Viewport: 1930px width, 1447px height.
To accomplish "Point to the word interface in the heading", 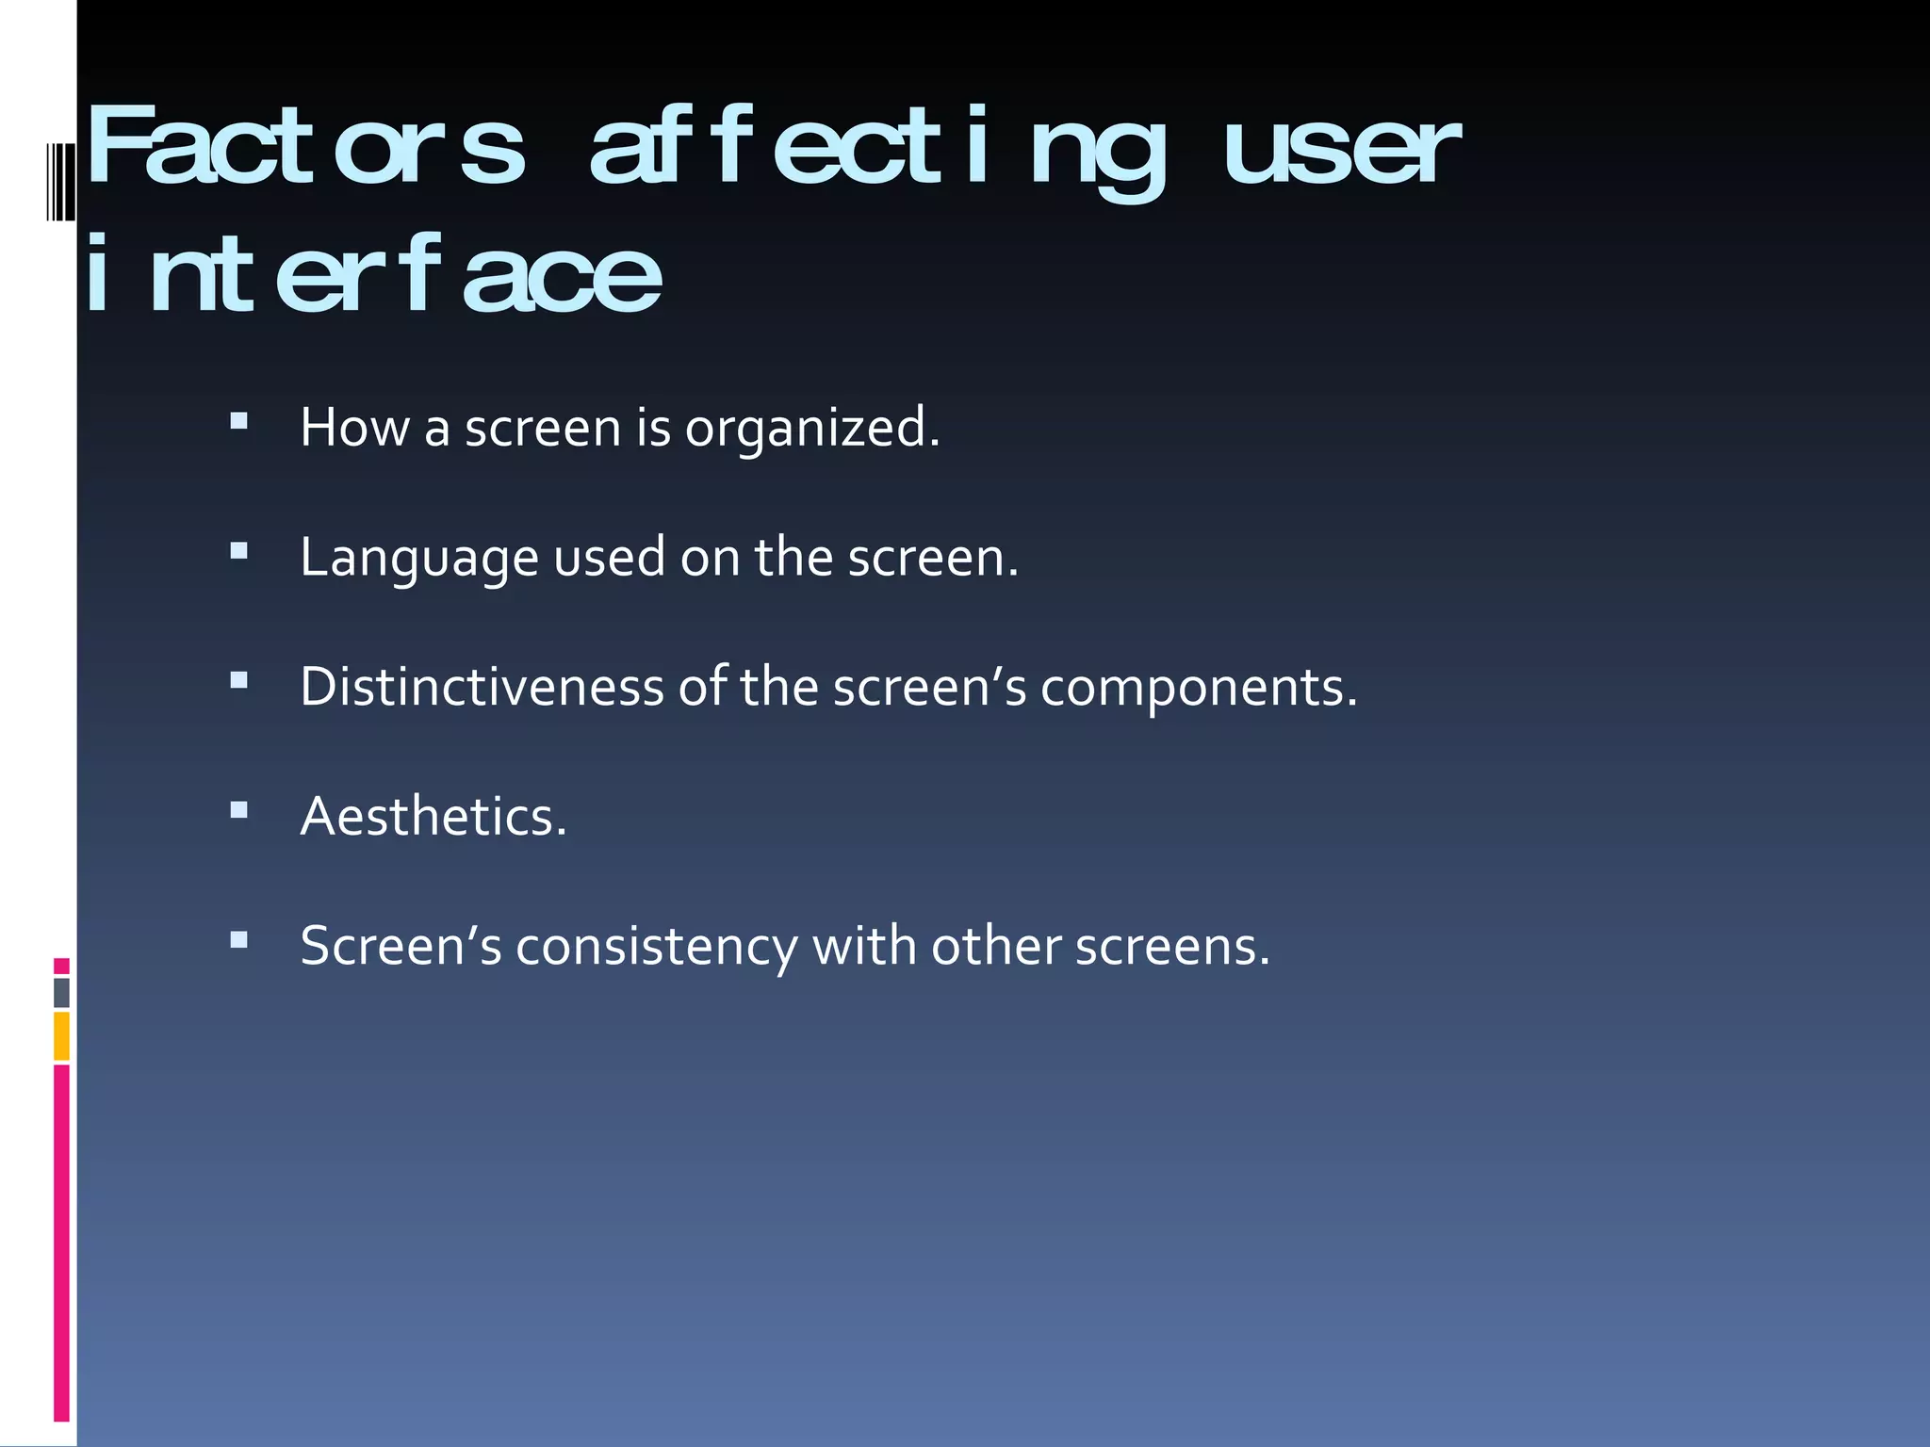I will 373,275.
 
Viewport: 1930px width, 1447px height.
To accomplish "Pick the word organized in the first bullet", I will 811,429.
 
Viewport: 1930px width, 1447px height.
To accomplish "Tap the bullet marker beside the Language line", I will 238,551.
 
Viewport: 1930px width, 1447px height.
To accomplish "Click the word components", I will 1198,688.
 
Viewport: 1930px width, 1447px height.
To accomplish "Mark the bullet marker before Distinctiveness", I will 238,680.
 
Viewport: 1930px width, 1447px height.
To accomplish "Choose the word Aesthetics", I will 433,816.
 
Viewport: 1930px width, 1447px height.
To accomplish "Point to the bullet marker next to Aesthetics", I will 238,809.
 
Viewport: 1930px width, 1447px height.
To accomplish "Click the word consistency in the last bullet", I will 656,946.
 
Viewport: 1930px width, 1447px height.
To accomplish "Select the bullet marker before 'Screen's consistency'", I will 238,939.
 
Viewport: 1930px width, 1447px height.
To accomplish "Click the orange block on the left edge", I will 61,1036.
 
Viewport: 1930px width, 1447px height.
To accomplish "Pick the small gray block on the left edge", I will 61,993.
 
